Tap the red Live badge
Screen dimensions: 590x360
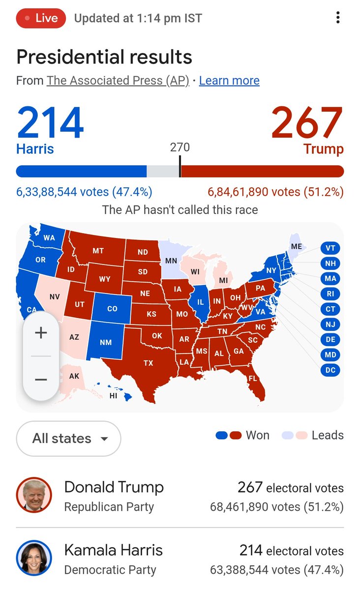pos(41,19)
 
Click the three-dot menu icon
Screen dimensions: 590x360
pos(338,18)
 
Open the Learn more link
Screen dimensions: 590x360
pos(229,81)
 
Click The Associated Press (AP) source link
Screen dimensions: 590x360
pos(118,81)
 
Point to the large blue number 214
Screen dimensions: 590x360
pos(50,122)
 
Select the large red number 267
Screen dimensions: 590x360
pos(307,122)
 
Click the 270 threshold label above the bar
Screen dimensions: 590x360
pos(180,147)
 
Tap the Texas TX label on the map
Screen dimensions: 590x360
pos(148,363)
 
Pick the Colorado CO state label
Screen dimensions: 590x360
pos(112,309)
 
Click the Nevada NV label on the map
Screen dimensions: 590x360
pos(55,297)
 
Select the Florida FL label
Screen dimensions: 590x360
pos(252,379)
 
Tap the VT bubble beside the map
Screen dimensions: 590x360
pos(330,248)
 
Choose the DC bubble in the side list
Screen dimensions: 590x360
pos(330,370)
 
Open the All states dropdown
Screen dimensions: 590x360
pos(68,439)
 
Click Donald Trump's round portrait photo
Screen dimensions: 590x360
pos(34,495)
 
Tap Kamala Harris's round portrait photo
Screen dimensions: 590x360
pos(34,558)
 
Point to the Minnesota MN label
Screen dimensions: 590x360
pos(171,261)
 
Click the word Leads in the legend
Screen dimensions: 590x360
pos(328,435)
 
